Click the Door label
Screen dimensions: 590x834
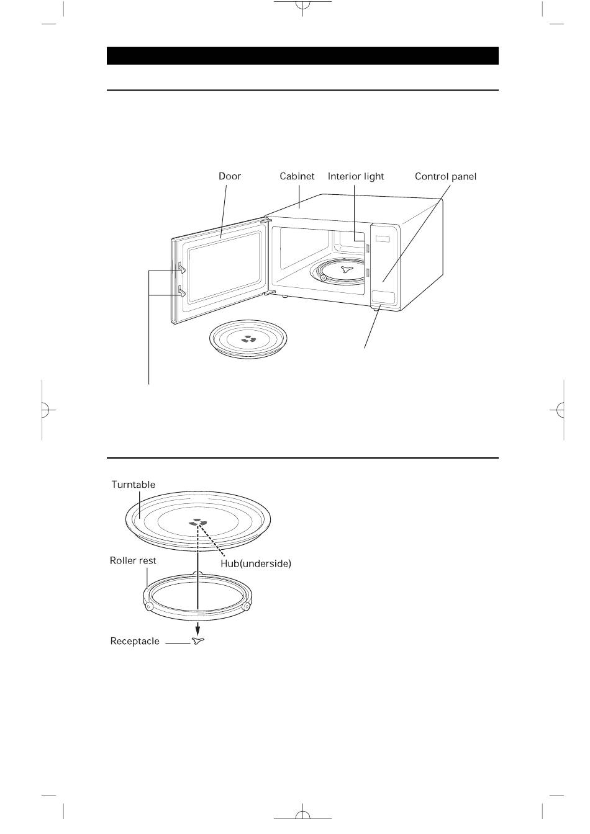point(229,176)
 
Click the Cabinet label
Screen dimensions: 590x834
point(297,176)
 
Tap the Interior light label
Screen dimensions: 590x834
point(356,176)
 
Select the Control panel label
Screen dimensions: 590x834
point(445,176)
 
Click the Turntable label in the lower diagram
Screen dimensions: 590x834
point(134,485)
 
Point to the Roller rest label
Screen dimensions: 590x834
point(133,560)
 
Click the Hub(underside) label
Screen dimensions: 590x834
point(256,563)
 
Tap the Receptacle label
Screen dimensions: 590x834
point(135,641)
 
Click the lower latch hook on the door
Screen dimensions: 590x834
point(181,290)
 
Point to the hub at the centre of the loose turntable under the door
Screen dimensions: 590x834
point(248,339)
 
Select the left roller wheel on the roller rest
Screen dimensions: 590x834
point(149,607)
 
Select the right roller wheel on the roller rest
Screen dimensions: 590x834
point(247,606)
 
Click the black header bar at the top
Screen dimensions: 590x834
point(302,56)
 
